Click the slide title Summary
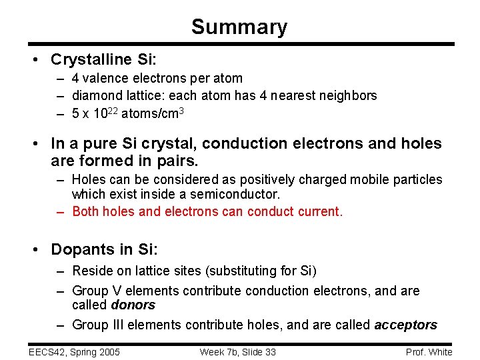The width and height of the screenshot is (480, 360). pyautogui.click(x=239, y=27)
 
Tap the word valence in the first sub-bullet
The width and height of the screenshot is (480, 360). pyautogui.click(x=104, y=79)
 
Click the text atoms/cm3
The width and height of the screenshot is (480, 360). pyautogui.click(x=152, y=113)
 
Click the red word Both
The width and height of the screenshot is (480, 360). pyautogui.click(x=85, y=212)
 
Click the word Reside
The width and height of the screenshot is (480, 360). pyautogui.click(x=91, y=271)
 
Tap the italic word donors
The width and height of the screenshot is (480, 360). pyautogui.click(x=133, y=305)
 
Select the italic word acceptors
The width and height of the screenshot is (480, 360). pyautogui.click(x=405, y=325)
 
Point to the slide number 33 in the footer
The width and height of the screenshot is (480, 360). pyautogui.click(x=269, y=352)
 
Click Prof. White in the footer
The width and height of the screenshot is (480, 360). pyautogui.click(x=429, y=352)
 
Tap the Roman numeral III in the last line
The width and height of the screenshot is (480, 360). pyautogui.click(x=117, y=325)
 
